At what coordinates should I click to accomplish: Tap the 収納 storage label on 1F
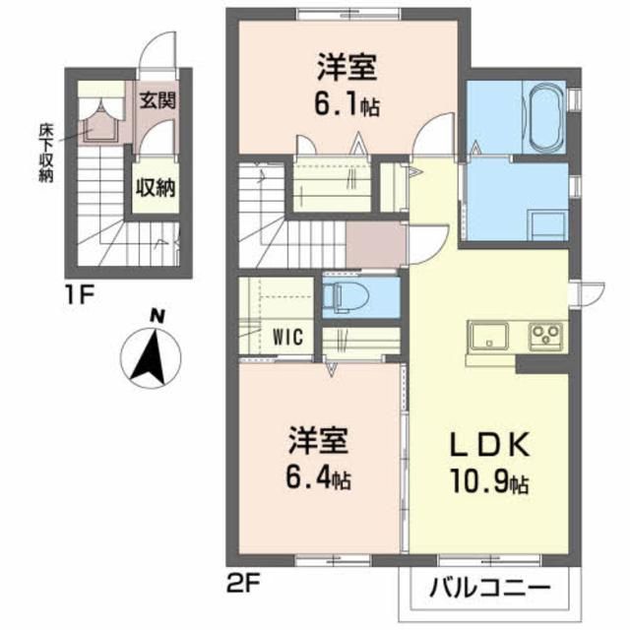156,186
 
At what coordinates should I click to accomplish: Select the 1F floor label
81,292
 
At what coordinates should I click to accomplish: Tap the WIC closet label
285,336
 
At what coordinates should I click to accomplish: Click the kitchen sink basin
487,339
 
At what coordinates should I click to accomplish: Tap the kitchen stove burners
544,337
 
